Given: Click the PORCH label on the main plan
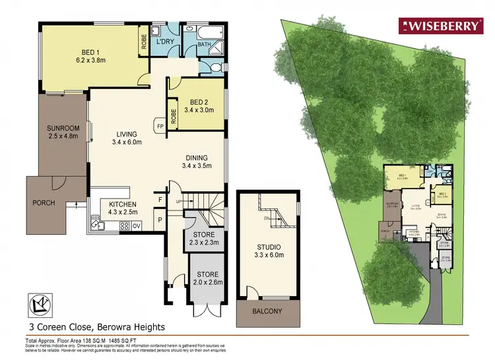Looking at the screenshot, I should point(44,202).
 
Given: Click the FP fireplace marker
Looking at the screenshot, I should point(160,125).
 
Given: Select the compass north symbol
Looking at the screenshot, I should point(41,305).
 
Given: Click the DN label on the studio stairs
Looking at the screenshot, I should point(266,218).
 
